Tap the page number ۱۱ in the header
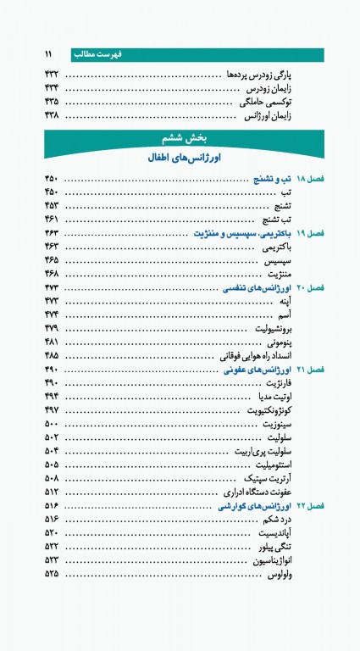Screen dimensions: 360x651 [x=50, y=53]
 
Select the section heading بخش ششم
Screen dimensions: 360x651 [x=179, y=136]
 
